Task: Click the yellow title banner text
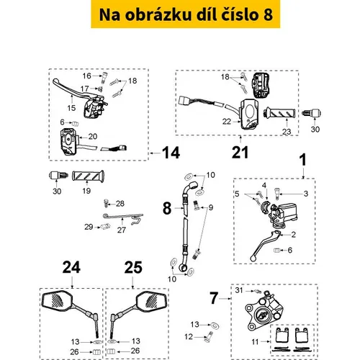pyautogui.click(x=186, y=14)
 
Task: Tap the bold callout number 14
pyautogui.click(x=171, y=153)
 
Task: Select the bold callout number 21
pyautogui.click(x=240, y=153)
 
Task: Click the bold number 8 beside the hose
pyautogui.click(x=167, y=208)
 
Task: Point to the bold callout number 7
pyautogui.click(x=214, y=298)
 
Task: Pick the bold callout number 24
pyautogui.click(x=71, y=267)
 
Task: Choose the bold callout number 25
pyautogui.click(x=133, y=267)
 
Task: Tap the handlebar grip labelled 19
pyautogui.click(x=88, y=177)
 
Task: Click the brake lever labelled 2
pyautogui.click(x=264, y=246)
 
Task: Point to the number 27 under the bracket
pyautogui.click(x=122, y=230)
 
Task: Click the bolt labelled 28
pyautogui.click(x=106, y=203)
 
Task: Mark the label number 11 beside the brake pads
pyautogui.click(x=255, y=341)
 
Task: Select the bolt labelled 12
pyautogui.click(x=208, y=337)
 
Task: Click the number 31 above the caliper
pyautogui.click(x=239, y=290)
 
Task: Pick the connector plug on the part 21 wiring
pyautogui.click(x=184, y=100)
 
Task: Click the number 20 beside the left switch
pyautogui.click(x=93, y=136)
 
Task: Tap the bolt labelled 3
pyautogui.click(x=276, y=194)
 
